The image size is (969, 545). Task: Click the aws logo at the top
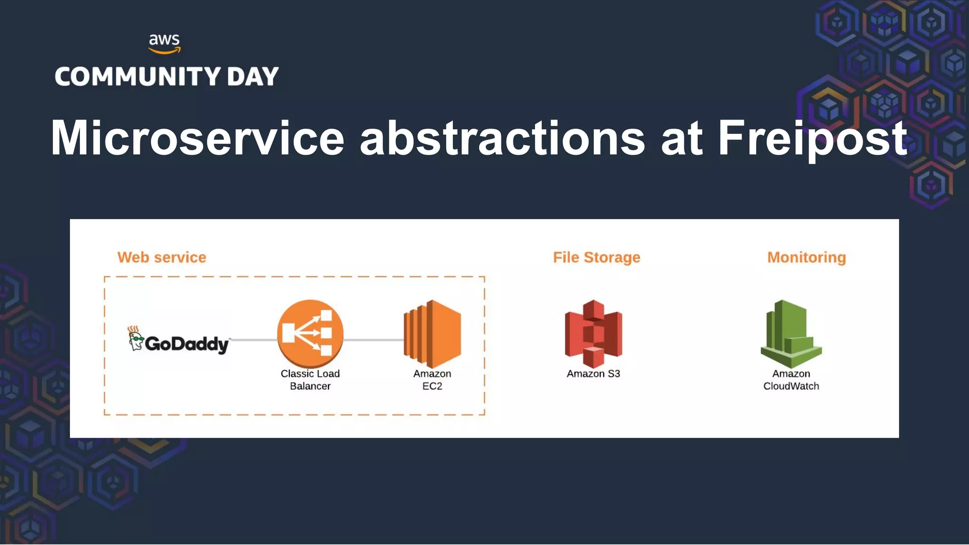tap(164, 43)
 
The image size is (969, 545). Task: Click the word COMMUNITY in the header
tap(138, 77)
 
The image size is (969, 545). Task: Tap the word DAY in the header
tap(253, 77)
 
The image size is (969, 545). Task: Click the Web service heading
tap(162, 257)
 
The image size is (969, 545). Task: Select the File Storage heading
tap(596, 257)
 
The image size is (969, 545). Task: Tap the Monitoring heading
tap(806, 257)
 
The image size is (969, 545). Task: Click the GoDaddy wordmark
tap(187, 344)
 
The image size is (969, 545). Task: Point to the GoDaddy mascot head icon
tap(135, 339)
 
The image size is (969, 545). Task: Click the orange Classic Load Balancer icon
tap(310, 334)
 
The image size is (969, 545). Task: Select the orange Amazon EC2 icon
tap(432, 334)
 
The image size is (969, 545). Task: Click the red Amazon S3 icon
tap(593, 334)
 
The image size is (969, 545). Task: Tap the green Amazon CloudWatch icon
tap(791, 334)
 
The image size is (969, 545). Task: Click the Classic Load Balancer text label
tap(310, 380)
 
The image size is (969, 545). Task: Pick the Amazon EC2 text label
tap(432, 380)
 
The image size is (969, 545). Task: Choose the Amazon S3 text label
tap(593, 374)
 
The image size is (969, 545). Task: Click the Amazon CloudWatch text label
tap(791, 380)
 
